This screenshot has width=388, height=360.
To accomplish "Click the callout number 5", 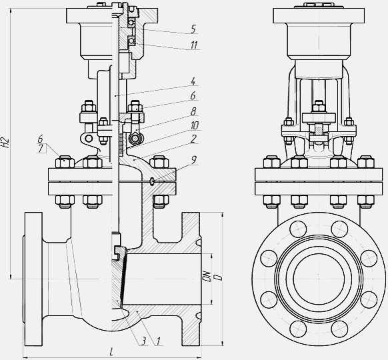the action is (193, 29).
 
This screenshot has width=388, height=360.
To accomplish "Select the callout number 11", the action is (194, 45).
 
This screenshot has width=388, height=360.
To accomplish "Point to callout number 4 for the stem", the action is (193, 81).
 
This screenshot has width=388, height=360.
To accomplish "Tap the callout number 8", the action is (193, 111).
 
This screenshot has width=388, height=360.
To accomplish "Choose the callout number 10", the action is (195, 125).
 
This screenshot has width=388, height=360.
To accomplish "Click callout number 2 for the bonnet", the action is (193, 139).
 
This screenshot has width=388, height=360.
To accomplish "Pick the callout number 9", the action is (193, 160).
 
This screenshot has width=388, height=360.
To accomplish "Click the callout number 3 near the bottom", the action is (143, 341).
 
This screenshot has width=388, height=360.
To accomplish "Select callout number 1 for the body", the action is (158, 341).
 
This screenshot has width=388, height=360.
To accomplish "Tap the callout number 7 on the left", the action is (41, 149).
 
